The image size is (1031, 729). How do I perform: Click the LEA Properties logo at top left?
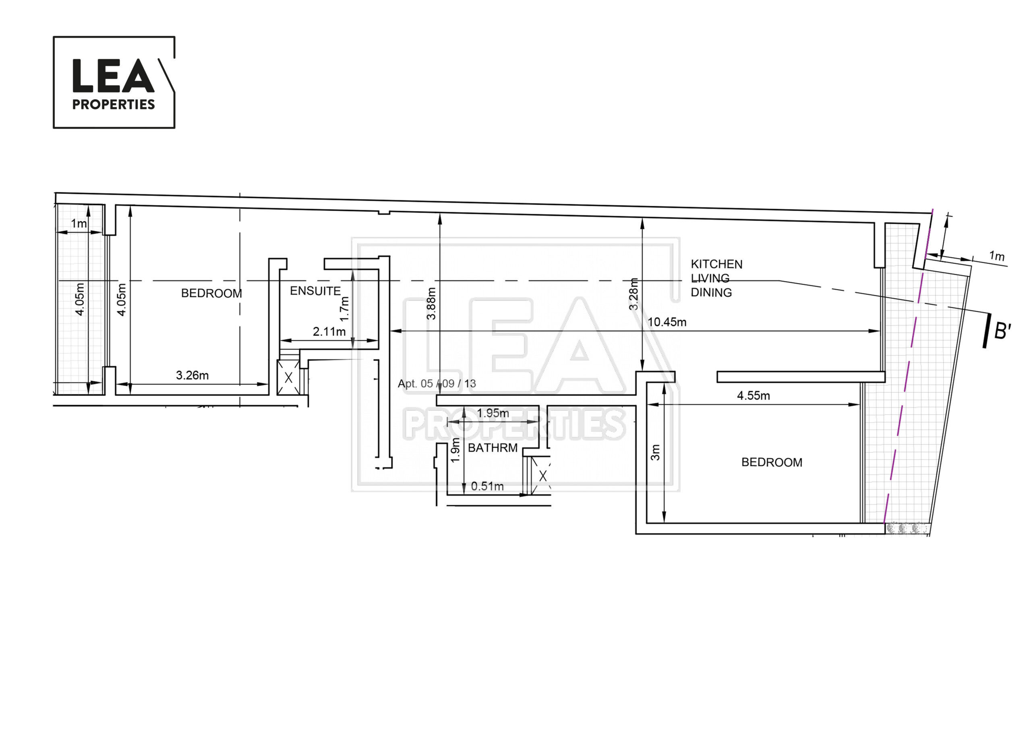114,82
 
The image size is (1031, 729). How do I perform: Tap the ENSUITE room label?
315,291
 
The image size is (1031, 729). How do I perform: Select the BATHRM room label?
493,448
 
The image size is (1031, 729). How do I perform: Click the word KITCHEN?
716,264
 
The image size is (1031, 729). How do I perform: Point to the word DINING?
711,292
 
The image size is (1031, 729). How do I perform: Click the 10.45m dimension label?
667,322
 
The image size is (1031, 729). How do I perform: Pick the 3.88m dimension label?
431,304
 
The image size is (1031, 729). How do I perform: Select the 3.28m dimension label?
634,294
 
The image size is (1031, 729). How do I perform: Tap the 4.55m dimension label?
754,396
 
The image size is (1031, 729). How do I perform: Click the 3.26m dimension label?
192,375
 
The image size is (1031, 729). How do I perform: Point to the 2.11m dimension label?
329,331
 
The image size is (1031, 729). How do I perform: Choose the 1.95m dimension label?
493,413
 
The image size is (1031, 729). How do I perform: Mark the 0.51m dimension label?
487,486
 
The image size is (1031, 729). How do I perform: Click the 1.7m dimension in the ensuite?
344,309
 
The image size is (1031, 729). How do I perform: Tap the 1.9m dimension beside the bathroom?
455,450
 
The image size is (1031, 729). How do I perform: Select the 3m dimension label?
656,453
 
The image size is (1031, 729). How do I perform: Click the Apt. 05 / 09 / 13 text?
437,383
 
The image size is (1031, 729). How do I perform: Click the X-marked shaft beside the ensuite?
288,377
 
